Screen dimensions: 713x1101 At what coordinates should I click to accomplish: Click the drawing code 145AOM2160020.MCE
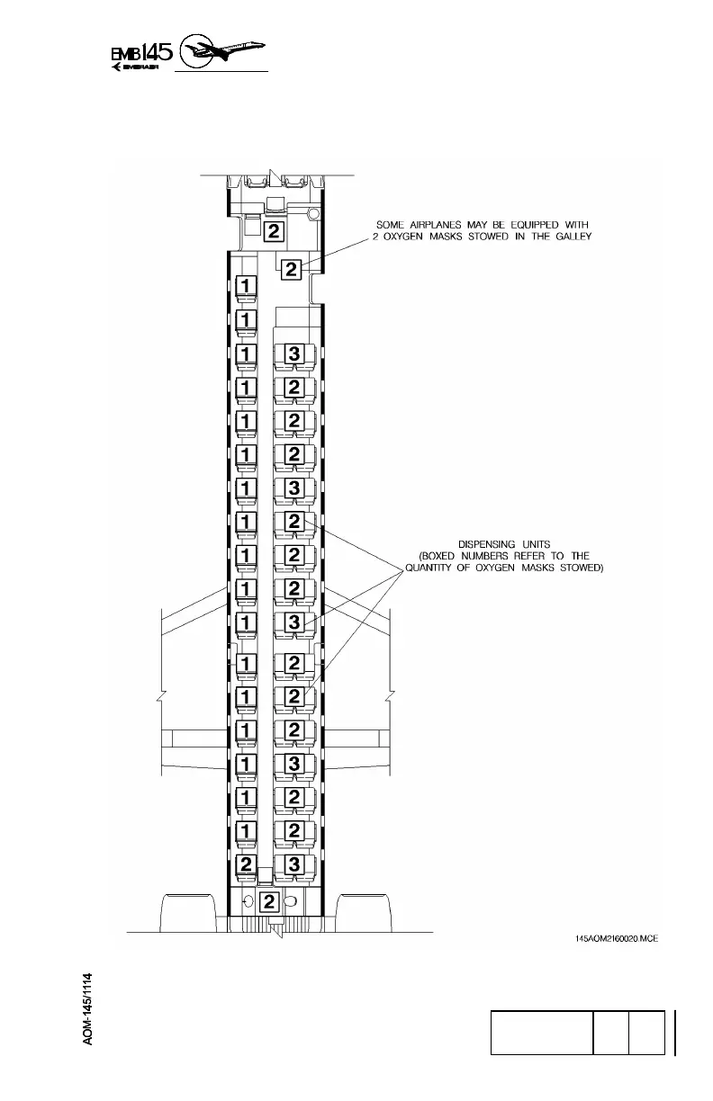click(x=617, y=938)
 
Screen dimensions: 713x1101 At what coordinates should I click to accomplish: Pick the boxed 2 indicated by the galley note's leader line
click(x=291, y=268)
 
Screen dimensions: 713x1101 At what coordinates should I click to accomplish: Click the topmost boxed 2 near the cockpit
click(x=274, y=231)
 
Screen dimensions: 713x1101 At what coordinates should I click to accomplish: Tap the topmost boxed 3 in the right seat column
click(x=293, y=354)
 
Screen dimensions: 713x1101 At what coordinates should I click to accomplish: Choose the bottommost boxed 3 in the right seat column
click(x=293, y=864)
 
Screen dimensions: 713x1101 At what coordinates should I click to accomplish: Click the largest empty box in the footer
click(x=541, y=1032)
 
